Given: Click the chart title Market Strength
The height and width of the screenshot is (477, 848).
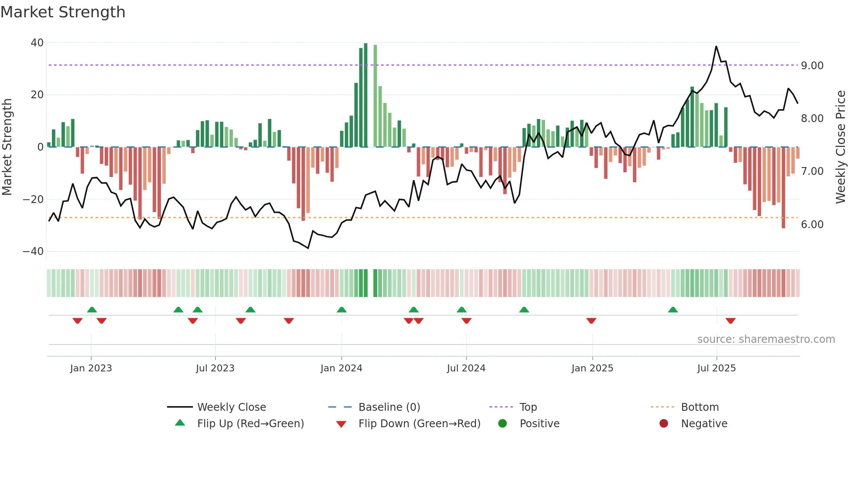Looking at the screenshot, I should [63, 12].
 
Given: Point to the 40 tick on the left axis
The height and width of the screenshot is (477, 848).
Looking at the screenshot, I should [37, 43].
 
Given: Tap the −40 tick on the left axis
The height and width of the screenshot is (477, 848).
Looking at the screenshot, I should [33, 251].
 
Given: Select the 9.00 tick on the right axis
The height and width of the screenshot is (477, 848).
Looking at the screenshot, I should [812, 65].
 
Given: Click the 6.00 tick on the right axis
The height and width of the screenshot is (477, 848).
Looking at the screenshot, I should [812, 224].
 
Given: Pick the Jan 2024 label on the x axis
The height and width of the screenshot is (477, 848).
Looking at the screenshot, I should [341, 368].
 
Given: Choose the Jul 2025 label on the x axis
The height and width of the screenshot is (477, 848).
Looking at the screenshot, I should [716, 368].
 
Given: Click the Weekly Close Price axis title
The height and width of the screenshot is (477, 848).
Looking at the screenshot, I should [840, 147].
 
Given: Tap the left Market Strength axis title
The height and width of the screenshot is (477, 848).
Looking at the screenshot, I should [7, 147].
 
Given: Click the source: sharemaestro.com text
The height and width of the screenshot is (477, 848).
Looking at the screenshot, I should [766, 339].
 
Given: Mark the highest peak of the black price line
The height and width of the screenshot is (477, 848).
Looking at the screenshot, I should [716, 46].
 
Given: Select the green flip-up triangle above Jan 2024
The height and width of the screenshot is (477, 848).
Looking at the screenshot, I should [341, 310].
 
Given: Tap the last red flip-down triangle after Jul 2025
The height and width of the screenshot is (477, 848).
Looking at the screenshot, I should [730, 321].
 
